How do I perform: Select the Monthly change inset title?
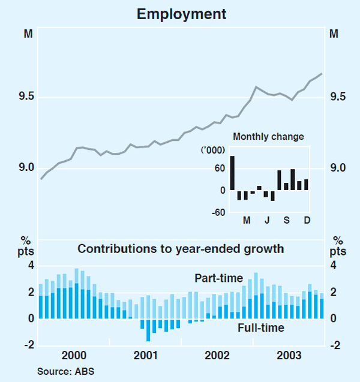tap(268, 137)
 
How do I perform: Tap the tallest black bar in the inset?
tap(232, 173)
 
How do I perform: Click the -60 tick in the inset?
tap(218, 212)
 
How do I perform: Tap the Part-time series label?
tap(218, 278)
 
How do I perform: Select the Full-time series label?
tap(260, 328)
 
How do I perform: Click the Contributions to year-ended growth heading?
tap(181, 249)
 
